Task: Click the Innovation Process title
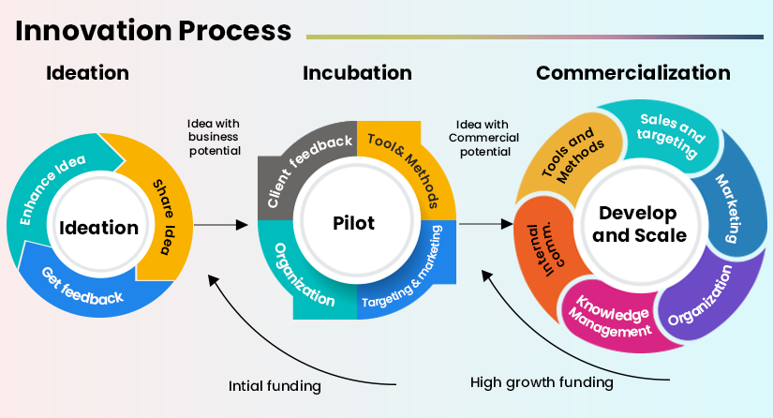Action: click(x=153, y=30)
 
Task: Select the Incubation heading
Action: click(x=357, y=73)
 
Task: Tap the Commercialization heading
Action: click(x=632, y=73)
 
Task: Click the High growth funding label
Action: click(x=542, y=382)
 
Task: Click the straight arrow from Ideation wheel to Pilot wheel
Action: click(x=222, y=226)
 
